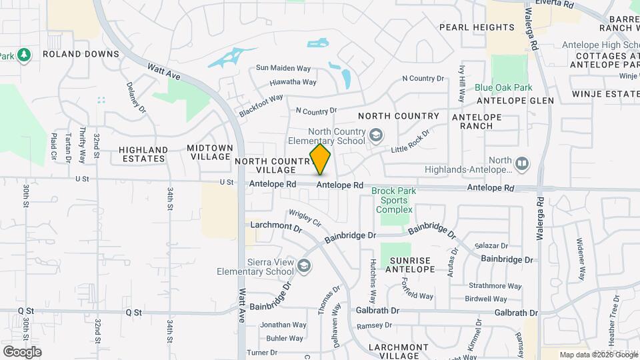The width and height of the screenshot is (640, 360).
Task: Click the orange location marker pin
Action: tap(321, 159)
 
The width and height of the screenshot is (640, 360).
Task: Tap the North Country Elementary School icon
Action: tap(376, 136)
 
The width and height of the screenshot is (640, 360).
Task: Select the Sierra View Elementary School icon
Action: tap(304, 266)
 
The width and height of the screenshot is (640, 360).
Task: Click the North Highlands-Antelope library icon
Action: tap(522, 163)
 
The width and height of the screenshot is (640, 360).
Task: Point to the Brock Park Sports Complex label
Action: tap(393, 200)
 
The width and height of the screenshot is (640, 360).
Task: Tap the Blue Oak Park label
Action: tap(503, 87)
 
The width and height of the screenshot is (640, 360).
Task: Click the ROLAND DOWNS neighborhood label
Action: tap(81, 54)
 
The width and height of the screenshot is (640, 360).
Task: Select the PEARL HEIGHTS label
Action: tap(477, 27)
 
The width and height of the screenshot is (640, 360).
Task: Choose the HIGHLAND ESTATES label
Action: tap(143, 154)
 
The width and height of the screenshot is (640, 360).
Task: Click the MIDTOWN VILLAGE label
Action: tap(210, 152)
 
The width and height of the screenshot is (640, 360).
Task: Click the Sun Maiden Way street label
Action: tap(284, 68)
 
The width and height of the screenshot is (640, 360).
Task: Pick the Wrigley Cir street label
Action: tap(305, 218)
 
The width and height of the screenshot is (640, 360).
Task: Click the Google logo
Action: tap(22, 351)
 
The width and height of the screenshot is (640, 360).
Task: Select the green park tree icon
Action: tap(24, 55)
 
